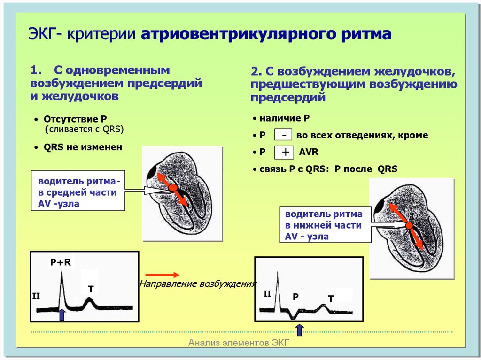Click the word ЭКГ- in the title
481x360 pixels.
47,34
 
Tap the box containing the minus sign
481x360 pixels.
283,135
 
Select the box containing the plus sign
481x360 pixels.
284,152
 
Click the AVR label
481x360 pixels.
309,152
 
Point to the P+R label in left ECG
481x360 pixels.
61,262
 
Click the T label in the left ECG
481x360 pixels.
91,289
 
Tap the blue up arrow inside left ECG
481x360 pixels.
62,314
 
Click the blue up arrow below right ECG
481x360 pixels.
299,330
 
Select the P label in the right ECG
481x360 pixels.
296,297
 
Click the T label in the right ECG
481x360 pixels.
331,299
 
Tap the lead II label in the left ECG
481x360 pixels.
36,296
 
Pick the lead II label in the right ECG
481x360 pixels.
267,294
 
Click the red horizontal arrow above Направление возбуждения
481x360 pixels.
162,275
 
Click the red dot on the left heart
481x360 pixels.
173,188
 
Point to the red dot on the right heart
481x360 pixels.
409,225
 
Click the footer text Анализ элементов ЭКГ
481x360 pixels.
239,343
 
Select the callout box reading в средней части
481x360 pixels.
78,191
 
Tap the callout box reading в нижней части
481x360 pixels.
326,225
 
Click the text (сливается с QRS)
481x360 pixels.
85,129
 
